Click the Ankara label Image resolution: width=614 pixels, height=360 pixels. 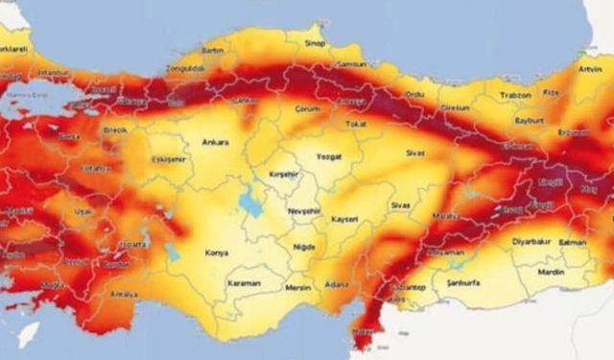pyautogui.click(x=215, y=142)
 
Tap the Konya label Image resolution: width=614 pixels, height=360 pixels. pyautogui.click(x=217, y=253)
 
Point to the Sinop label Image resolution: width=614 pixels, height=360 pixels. pyautogui.click(x=314, y=43)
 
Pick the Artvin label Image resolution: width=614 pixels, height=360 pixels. pyautogui.click(x=593, y=69)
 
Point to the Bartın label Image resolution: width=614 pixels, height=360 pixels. pyautogui.click(x=212, y=50)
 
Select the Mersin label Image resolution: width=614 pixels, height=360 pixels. pyautogui.click(x=298, y=287)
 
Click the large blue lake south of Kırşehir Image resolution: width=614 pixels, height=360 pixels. pyautogui.click(x=252, y=203)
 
